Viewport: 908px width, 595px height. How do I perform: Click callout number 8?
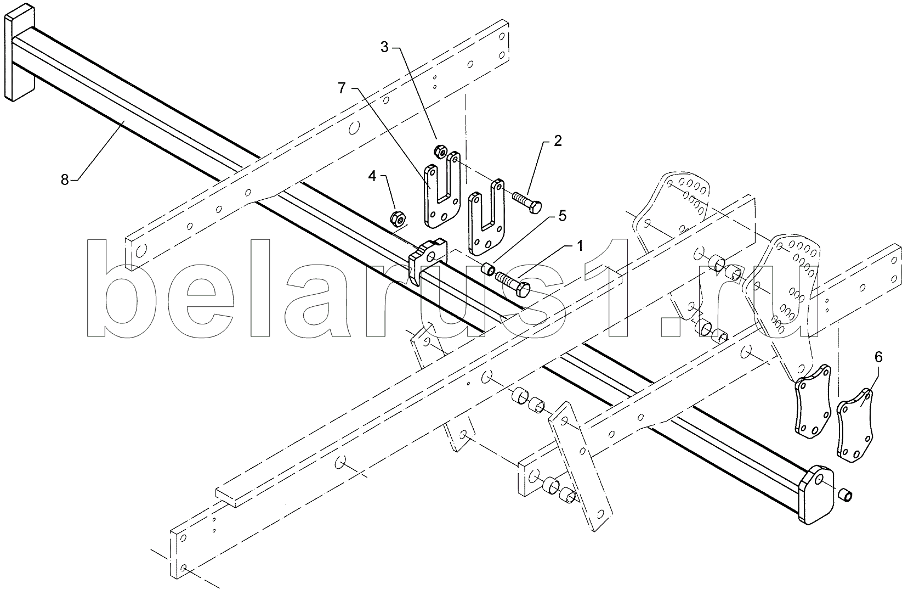tap(65, 179)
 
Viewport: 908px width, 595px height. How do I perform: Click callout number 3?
tap(385, 47)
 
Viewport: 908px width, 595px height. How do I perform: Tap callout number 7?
tap(342, 88)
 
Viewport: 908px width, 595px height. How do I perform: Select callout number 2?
tap(558, 141)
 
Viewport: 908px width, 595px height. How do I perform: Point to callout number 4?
tap(372, 176)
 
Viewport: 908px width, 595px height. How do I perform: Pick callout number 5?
tap(563, 216)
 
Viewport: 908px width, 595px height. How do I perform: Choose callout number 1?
tap(580, 245)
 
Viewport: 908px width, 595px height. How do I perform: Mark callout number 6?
tap(878, 357)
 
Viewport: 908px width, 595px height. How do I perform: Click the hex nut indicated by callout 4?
tap(397, 219)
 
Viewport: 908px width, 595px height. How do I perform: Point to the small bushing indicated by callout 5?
tap(487, 269)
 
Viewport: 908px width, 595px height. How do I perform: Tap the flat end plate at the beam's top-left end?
tap(19, 52)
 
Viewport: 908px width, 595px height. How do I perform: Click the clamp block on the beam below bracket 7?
tap(428, 260)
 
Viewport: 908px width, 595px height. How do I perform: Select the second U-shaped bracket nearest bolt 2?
tap(486, 218)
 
